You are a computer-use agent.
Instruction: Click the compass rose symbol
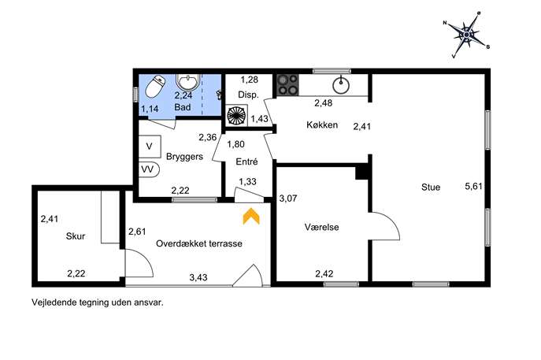(466, 35)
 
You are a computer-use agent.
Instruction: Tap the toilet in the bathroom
(155, 86)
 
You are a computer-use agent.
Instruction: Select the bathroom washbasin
(187, 82)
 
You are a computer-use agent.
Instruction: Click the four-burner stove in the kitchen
(287, 85)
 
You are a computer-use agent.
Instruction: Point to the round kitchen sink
(341, 85)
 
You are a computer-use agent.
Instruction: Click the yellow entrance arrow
(251, 216)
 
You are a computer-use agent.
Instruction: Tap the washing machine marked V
(150, 147)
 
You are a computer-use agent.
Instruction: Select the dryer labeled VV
(149, 169)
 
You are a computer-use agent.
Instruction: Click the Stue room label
(431, 187)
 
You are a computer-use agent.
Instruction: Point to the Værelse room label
(321, 227)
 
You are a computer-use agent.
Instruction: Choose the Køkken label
(322, 124)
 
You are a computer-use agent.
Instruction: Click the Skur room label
(76, 236)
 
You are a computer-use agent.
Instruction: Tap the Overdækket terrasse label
(199, 243)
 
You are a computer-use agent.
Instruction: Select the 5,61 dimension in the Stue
(473, 187)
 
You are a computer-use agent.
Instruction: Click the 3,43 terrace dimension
(198, 277)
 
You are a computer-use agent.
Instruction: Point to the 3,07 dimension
(288, 199)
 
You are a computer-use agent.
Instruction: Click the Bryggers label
(184, 157)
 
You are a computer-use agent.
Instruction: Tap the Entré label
(246, 161)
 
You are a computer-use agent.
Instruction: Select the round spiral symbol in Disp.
(236, 116)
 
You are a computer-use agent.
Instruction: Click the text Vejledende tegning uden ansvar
(98, 302)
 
